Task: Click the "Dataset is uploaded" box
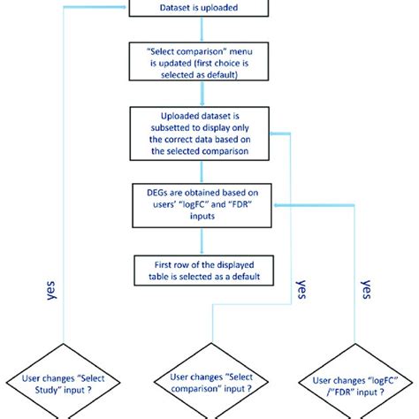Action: pos(199,8)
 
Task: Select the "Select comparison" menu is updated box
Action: pos(199,61)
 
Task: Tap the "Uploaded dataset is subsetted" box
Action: pos(200,133)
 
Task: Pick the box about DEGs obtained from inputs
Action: pos(202,205)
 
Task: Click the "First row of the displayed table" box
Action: pos(204,270)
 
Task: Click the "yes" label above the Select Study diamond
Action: pos(51,291)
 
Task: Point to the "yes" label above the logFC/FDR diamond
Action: pos(366,289)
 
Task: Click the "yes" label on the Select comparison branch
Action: pos(301,289)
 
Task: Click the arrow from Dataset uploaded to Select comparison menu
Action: pos(202,29)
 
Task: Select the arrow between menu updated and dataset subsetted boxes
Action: pos(202,94)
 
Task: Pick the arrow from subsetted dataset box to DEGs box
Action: pos(202,172)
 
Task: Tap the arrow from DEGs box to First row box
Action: pos(202,241)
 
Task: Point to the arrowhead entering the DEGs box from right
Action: pos(276,205)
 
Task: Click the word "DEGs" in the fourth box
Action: pos(156,193)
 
